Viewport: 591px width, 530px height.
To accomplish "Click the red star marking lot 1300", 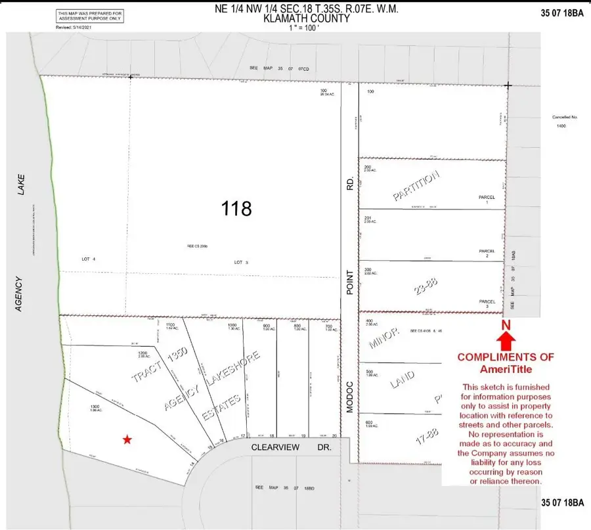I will coord(127,439).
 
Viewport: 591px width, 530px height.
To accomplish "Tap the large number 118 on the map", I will coord(236,209).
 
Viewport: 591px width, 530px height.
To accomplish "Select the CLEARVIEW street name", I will coord(278,447).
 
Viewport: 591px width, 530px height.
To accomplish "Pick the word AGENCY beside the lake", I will coord(20,294).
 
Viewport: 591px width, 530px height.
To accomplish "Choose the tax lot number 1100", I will coord(171,324).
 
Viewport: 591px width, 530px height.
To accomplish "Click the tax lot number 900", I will coord(266,325).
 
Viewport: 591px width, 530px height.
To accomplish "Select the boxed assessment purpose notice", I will coord(89,15).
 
